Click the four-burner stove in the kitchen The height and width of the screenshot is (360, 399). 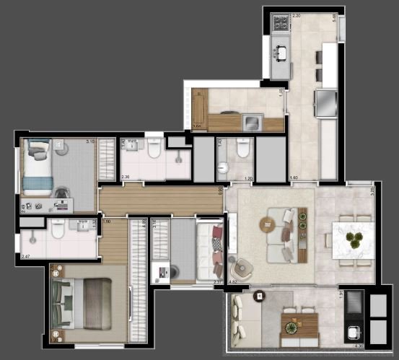click(280, 26)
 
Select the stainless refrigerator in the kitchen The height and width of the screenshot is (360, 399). click(326, 102)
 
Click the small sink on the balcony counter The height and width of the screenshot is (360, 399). click(354, 333)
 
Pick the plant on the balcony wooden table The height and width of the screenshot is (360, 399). click(292, 326)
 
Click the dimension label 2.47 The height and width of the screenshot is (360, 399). click(26, 256)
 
